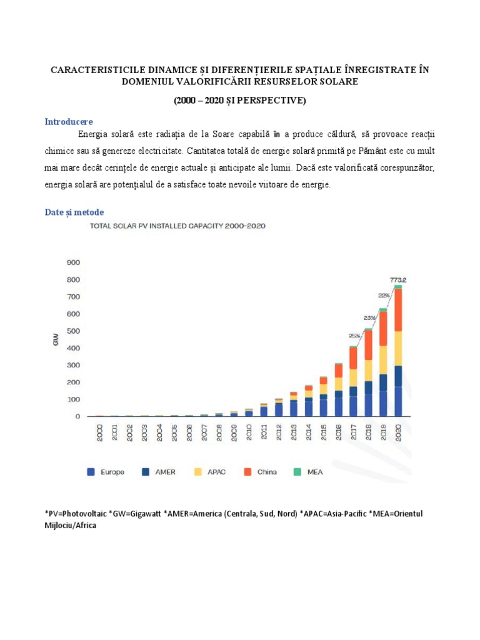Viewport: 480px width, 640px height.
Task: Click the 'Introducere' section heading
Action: pos(69,121)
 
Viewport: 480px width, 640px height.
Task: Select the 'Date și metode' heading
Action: pos(74,212)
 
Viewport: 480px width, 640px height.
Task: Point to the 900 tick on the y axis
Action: pos(73,262)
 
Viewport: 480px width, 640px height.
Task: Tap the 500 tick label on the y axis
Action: pos(73,331)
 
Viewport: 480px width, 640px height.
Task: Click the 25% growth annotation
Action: pos(355,335)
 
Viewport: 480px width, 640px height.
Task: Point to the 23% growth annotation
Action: pos(369,317)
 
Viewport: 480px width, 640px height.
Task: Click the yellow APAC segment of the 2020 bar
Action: pos(397,348)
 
